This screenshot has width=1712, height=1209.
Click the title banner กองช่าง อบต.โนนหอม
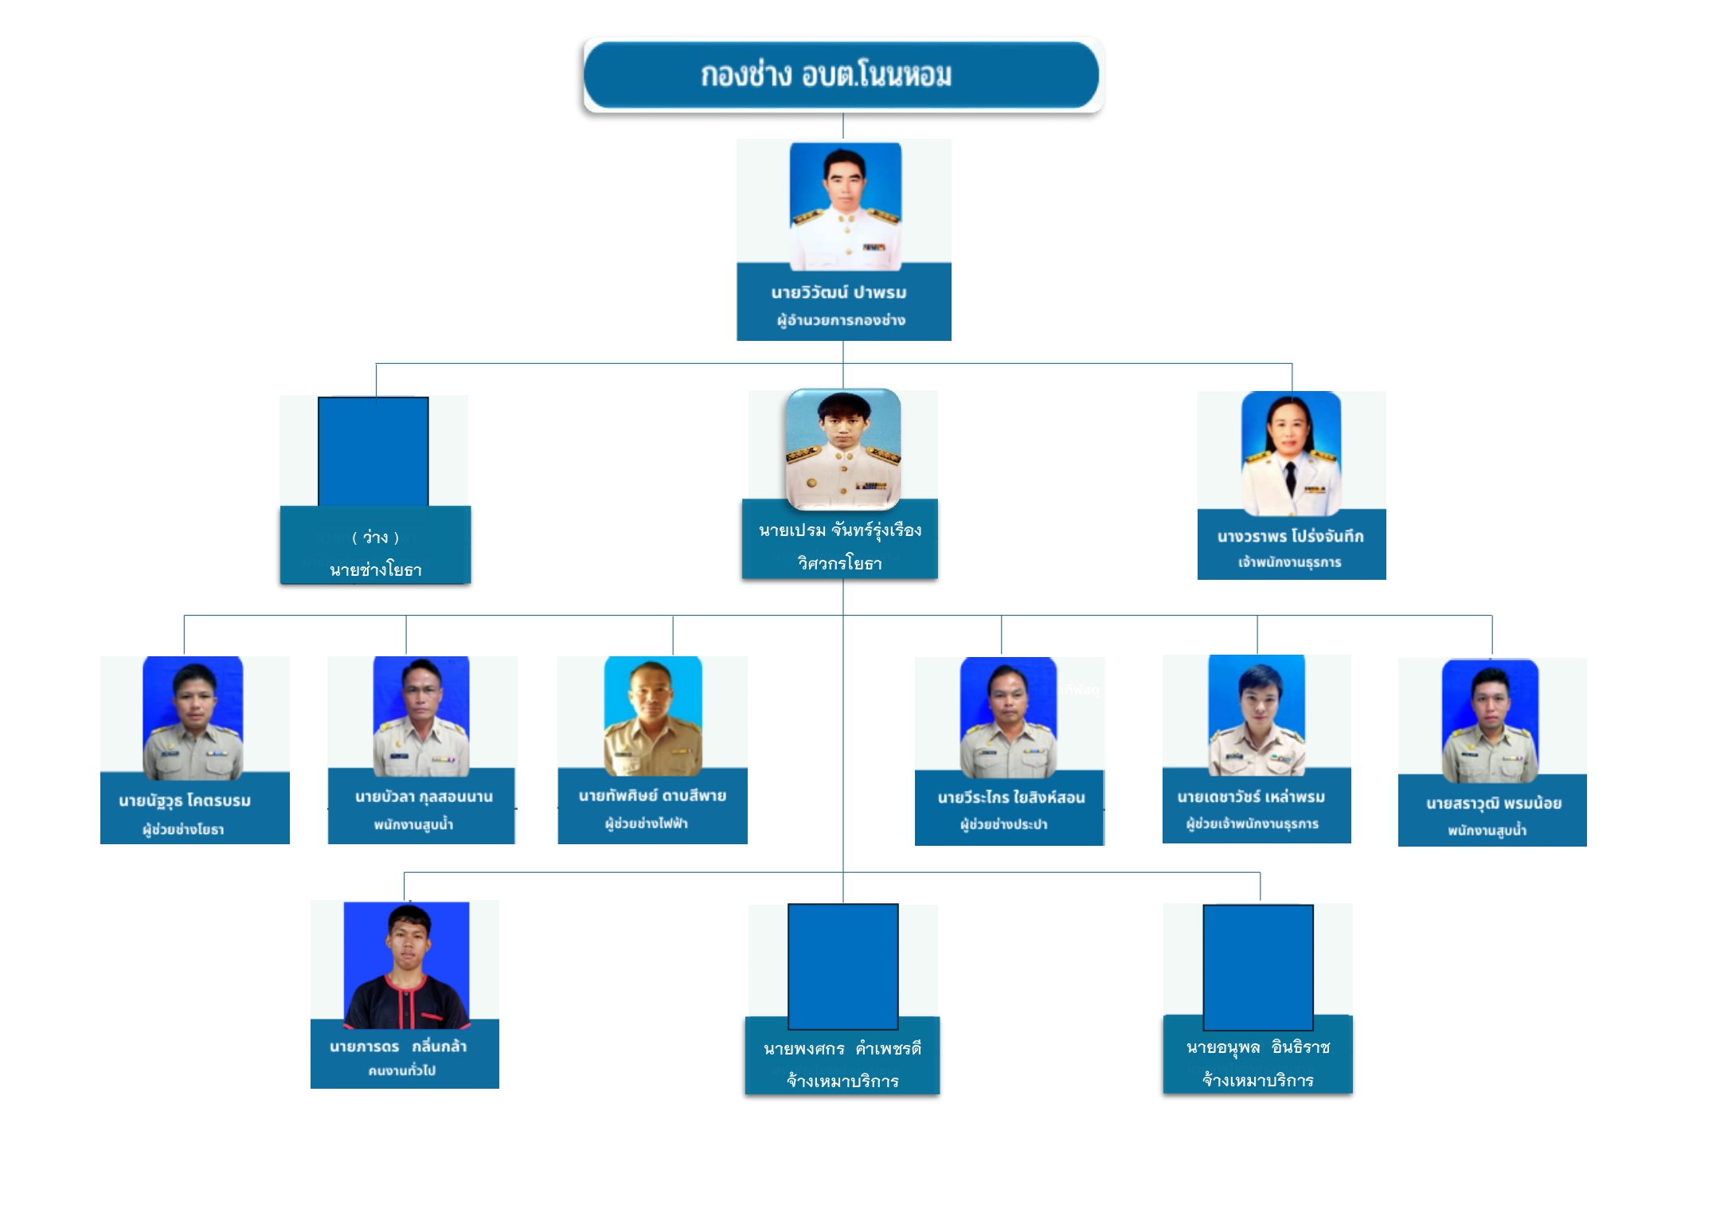point(842,75)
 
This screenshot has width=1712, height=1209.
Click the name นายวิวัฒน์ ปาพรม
point(838,292)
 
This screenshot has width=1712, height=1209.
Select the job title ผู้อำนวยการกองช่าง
point(841,320)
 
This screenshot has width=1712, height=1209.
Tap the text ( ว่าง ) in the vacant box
point(375,538)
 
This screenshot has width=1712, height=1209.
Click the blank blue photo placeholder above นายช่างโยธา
point(373,451)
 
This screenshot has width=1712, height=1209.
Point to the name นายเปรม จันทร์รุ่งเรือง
point(840,530)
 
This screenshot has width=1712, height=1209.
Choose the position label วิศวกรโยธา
point(839,564)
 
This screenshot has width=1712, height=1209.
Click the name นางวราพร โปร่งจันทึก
point(1290,536)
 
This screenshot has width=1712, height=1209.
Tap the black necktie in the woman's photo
point(1290,478)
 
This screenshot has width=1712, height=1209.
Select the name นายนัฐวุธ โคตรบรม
point(185,800)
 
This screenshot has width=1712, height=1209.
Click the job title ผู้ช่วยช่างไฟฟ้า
point(646,824)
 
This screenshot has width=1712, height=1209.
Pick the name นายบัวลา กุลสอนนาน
point(424,796)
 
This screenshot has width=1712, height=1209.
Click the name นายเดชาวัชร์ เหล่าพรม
point(1251,796)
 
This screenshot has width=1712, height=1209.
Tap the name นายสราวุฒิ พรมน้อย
point(1493,803)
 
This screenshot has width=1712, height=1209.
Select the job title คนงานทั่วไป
point(401,1070)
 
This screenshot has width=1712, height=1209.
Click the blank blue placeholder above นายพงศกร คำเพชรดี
point(842,965)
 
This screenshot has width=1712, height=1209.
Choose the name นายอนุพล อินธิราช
point(1257,1047)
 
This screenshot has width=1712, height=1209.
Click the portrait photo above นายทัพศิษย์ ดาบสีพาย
point(653,715)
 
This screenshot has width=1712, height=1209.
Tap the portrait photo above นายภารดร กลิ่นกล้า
point(406,964)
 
